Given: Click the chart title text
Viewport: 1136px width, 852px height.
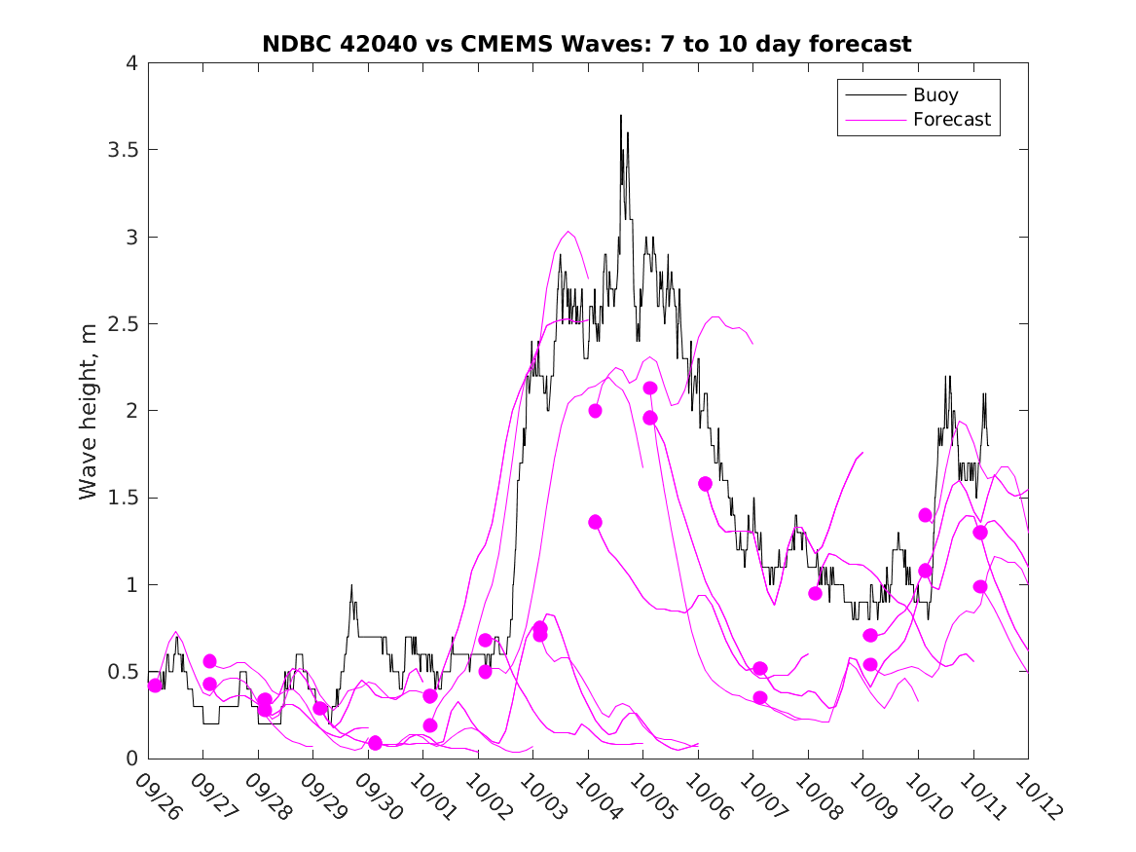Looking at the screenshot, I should (587, 44).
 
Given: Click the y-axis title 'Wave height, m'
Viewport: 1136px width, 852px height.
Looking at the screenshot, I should (89, 411).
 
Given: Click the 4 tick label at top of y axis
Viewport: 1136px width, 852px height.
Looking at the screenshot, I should (130, 63).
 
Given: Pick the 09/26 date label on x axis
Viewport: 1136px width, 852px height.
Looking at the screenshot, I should (157, 796).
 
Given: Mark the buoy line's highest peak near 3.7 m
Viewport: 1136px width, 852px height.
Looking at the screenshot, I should (620, 116).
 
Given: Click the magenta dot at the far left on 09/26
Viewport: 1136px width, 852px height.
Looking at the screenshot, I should (155, 685).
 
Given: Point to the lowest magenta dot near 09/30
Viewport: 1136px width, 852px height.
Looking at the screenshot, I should (375, 743).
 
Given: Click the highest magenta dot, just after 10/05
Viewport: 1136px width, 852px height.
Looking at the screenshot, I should (650, 389).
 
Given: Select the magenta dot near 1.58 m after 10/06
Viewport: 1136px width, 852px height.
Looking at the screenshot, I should (706, 484).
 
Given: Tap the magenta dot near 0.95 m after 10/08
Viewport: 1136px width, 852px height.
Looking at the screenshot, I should (816, 593).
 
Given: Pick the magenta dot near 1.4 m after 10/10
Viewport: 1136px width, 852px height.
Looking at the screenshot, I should (926, 515).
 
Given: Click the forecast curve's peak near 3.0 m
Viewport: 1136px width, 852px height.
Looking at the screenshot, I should (568, 232).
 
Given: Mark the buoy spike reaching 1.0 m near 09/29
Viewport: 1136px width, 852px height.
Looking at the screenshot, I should (351, 585).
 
